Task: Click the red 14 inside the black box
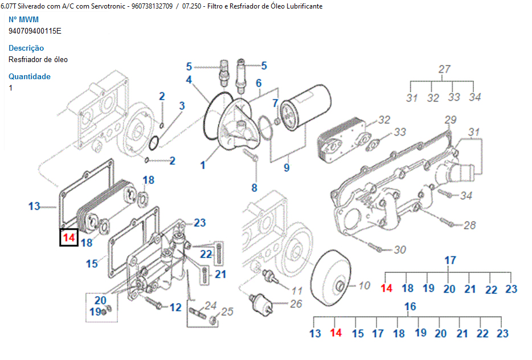69,237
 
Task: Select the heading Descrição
26,48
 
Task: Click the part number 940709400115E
35,31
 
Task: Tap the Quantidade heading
30,77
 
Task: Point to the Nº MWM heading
23,20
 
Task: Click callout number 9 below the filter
287,167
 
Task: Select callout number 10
365,285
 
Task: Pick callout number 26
296,304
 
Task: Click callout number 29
451,120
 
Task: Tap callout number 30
400,249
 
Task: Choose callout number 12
175,308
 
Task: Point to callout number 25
227,312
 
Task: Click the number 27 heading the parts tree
444,69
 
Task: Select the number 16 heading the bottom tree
410,307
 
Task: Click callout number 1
203,165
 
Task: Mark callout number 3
182,105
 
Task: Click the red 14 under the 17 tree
386,288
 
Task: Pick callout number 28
469,226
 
